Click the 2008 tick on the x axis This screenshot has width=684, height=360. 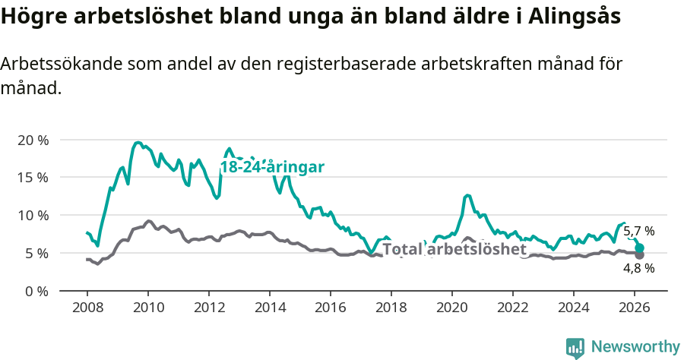click(87, 307)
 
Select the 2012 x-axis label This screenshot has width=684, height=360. click(208, 307)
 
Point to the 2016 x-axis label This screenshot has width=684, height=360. click(330, 307)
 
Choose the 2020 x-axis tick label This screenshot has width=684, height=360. click(451, 307)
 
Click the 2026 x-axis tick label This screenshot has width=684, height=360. click(634, 307)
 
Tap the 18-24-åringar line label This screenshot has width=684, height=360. click(273, 168)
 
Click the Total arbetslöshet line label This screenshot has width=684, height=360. click(454, 250)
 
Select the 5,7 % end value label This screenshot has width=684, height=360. click(638, 232)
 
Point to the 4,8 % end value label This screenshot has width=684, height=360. click(638, 268)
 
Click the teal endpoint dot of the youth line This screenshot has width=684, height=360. click(639, 248)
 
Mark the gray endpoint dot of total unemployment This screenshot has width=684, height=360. click(639, 254)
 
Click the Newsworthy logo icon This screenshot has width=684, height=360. click(575, 348)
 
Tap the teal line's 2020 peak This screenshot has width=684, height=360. click(467, 195)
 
